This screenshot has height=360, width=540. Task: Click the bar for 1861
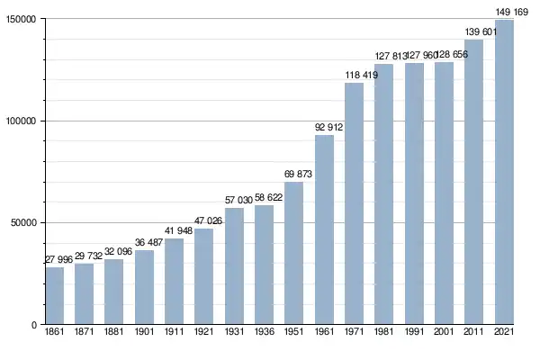tap(55, 295)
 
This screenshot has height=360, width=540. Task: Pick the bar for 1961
tap(324, 229)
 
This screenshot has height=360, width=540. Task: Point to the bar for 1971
tap(354, 203)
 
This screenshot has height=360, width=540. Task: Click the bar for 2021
tap(504, 172)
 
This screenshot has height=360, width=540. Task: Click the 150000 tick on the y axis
tap(19, 20)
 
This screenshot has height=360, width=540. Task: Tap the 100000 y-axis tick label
tap(19, 121)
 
